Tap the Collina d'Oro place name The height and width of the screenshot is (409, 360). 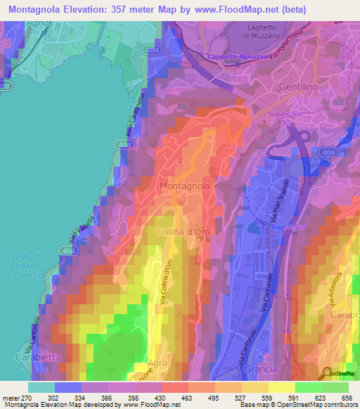pyautogui.click(x=182, y=231)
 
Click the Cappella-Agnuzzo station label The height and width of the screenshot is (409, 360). pyautogui.click(x=238, y=58)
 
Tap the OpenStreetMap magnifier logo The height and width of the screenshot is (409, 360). pyautogui.click(x=327, y=373)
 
